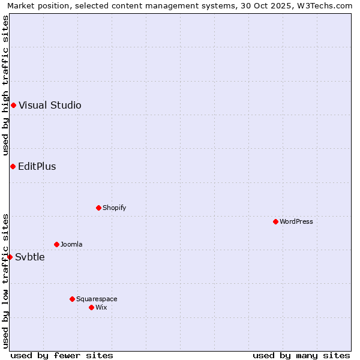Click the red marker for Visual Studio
13,106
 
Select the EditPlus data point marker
13,166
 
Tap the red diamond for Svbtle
10,257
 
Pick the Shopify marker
98,208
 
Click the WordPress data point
275,221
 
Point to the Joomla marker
56,244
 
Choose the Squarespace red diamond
72,299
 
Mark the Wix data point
91,307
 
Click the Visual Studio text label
50,106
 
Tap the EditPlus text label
37,166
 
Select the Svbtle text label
30,257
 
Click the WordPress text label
296,221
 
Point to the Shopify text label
114,208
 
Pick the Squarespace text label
97,299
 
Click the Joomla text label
71,244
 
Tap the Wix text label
101,307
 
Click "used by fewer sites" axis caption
62,355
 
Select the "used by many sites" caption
301,355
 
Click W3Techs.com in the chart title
325,6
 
